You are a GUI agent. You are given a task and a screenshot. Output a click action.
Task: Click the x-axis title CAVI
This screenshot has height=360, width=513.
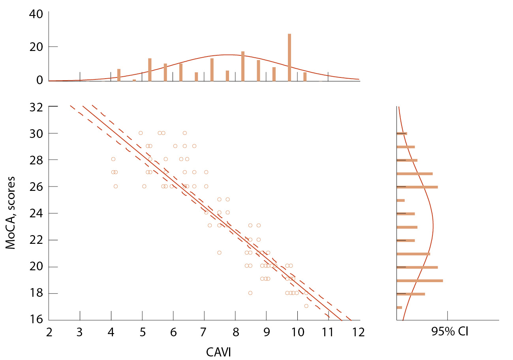pyautogui.click(x=218, y=351)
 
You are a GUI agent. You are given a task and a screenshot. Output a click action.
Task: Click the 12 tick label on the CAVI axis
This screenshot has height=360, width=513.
pyautogui.click(x=359, y=332)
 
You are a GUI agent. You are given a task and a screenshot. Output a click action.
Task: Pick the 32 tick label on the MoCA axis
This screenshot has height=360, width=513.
pyautogui.click(x=37, y=107)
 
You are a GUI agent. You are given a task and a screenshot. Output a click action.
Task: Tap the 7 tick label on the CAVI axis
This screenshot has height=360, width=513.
pyautogui.click(x=204, y=332)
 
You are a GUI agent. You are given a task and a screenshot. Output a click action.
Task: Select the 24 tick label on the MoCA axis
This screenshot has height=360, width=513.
pyautogui.click(x=37, y=213)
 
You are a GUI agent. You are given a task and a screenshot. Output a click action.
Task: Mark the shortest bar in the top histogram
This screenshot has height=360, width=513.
pyautogui.click(x=134, y=80)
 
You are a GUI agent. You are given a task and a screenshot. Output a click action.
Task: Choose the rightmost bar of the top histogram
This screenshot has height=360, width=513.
pyautogui.click(x=305, y=76)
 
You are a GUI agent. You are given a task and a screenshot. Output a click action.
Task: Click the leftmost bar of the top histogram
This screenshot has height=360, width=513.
pyautogui.click(x=119, y=75)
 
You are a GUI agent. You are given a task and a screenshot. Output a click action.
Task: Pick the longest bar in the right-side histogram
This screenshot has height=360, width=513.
pyautogui.click(x=419, y=281)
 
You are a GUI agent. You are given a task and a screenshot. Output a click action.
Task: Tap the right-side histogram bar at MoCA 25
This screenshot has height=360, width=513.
pyautogui.click(x=401, y=200)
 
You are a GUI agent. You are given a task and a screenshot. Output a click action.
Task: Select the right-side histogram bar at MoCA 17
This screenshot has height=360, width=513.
pyautogui.click(x=399, y=307)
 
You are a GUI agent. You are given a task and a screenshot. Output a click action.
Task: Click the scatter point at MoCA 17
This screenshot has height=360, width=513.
pyautogui.click(x=306, y=306)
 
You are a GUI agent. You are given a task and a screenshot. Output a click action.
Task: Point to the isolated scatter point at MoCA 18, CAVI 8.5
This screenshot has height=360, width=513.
pyautogui.click(x=250, y=293)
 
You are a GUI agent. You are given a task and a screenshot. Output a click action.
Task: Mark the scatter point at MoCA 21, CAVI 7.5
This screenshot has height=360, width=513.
pyautogui.click(x=219, y=253)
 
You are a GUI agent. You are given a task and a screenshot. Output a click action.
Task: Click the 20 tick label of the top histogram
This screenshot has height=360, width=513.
pyautogui.click(x=37, y=47)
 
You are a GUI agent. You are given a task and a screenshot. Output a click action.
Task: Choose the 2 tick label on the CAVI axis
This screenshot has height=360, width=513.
pyautogui.click(x=49, y=332)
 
